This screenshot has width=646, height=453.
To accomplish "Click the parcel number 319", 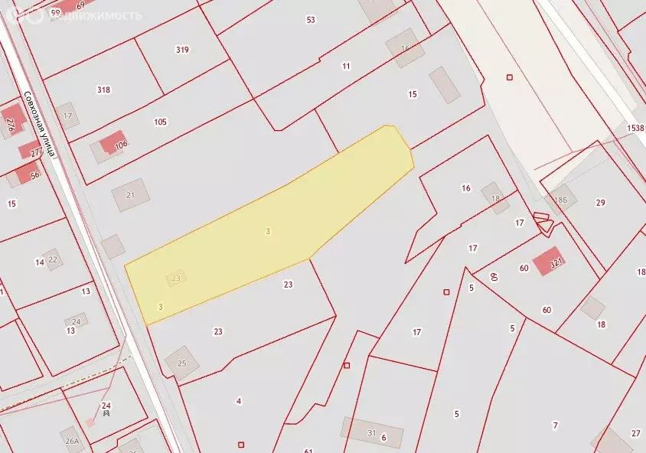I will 182,50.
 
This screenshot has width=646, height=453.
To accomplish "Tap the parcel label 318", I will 103,90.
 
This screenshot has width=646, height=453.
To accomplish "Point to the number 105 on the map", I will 160,122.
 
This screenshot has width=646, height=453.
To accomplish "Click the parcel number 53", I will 311,20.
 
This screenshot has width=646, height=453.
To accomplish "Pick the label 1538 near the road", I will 635,129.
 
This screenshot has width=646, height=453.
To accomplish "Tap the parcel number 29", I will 601,202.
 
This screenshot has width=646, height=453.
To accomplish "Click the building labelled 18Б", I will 561,199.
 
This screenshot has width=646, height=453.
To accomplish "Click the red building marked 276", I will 10,125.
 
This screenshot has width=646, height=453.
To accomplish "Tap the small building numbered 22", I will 53,259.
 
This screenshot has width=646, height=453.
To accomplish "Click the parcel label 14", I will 39,262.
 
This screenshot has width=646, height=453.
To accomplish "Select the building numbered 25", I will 182,362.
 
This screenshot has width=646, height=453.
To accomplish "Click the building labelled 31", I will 372,433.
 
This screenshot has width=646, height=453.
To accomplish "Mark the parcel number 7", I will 556,425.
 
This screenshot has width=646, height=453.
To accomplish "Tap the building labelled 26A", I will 72,441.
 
